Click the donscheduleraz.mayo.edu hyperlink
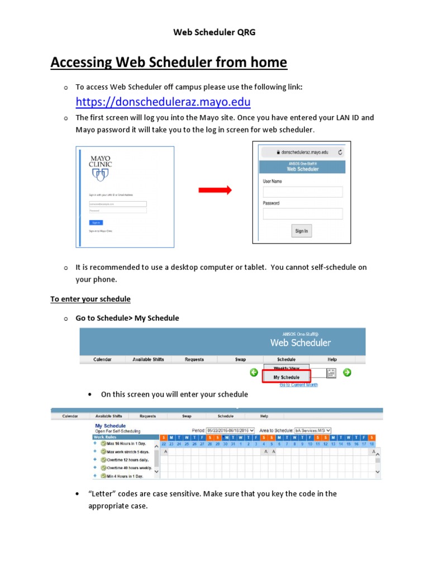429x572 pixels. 163,102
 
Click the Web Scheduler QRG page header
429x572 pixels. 214,32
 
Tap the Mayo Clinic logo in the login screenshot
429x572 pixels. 101,168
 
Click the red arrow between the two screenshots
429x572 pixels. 215,190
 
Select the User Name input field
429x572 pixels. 303,192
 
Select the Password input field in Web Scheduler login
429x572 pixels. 303,214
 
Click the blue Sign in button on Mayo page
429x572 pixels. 96,222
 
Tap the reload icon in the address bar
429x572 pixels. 341,152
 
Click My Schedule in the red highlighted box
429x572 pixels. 286,377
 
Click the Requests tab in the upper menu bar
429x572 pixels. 194,360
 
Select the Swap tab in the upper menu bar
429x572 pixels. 240,360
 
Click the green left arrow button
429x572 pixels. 254,373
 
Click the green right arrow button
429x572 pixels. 347,373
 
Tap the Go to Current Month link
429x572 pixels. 298,385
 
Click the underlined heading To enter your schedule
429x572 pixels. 90,299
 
